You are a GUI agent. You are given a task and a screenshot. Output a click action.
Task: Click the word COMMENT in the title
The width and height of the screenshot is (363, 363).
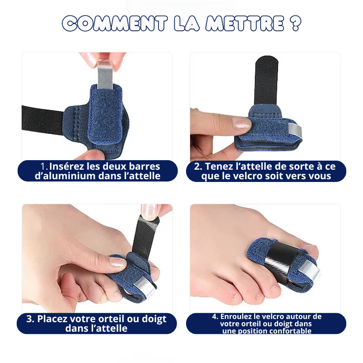(x=115, y=24)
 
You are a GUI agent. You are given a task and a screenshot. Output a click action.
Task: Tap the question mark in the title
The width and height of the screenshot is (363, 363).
(x=295, y=24)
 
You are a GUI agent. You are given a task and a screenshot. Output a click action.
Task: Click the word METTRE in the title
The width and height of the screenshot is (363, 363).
(x=245, y=24)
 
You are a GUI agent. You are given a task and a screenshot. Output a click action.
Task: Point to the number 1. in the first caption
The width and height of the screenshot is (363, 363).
(x=44, y=167)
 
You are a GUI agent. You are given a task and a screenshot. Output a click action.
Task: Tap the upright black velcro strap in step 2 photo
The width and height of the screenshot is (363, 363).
(x=266, y=81)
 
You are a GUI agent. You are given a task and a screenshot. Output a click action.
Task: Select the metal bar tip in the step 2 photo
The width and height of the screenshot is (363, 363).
(x=295, y=131)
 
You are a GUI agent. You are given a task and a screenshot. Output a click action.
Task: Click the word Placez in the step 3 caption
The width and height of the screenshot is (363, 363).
(x=52, y=319)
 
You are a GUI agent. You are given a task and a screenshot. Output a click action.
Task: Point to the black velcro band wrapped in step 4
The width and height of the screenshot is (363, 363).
(x=281, y=253)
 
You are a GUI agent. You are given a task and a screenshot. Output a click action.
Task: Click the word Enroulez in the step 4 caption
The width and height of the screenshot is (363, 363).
(x=235, y=316)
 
